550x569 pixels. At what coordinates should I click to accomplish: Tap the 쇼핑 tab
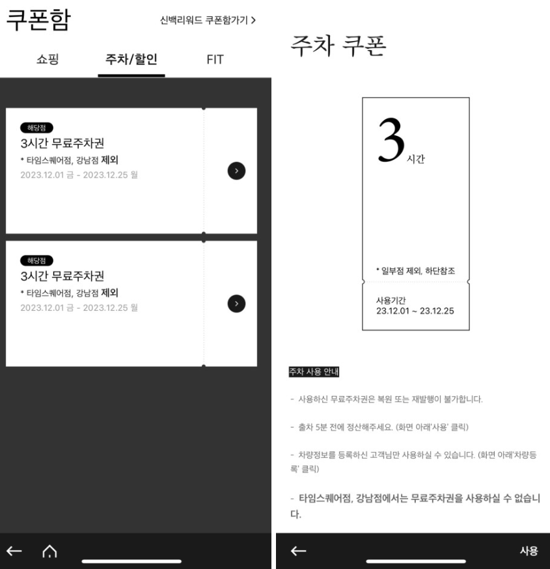[x=48, y=60]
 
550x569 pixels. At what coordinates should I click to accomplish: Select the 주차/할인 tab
[x=131, y=60]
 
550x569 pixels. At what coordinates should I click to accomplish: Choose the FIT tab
[x=215, y=60]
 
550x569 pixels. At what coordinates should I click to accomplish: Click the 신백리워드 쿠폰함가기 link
[x=208, y=20]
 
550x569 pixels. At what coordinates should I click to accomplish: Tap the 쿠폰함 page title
[x=38, y=20]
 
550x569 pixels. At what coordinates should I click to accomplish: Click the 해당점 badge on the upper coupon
[x=37, y=127]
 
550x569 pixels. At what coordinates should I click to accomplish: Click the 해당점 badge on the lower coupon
[x=37, y=260]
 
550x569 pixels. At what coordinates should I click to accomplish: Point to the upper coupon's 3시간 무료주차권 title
[x=62, y=143]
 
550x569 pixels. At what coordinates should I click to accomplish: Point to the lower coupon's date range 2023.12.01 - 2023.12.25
[x=79, y=307]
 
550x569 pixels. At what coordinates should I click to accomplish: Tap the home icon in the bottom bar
[x=49, y=551]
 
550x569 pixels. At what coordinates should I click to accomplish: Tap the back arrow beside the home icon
[x=14, y=551]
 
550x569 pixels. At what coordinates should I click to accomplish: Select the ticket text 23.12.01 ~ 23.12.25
[x=415, y=311]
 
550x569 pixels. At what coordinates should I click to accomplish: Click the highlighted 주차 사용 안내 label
[x=315, y=372]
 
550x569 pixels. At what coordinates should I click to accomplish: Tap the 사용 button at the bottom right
[x=528, y=551]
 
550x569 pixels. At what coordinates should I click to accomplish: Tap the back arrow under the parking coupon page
[x=298, y=551]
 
